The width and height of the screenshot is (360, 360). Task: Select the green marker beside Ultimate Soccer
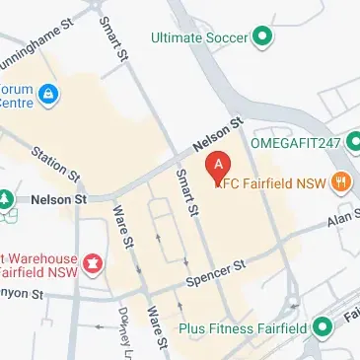click(261, 38)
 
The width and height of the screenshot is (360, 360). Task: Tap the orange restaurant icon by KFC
click(340, 180)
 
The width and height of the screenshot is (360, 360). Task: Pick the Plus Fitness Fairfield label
click(242, 329)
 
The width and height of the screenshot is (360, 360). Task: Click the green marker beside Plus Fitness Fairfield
click(322, 328)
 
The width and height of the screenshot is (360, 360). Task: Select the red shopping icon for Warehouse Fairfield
click(92, 263)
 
